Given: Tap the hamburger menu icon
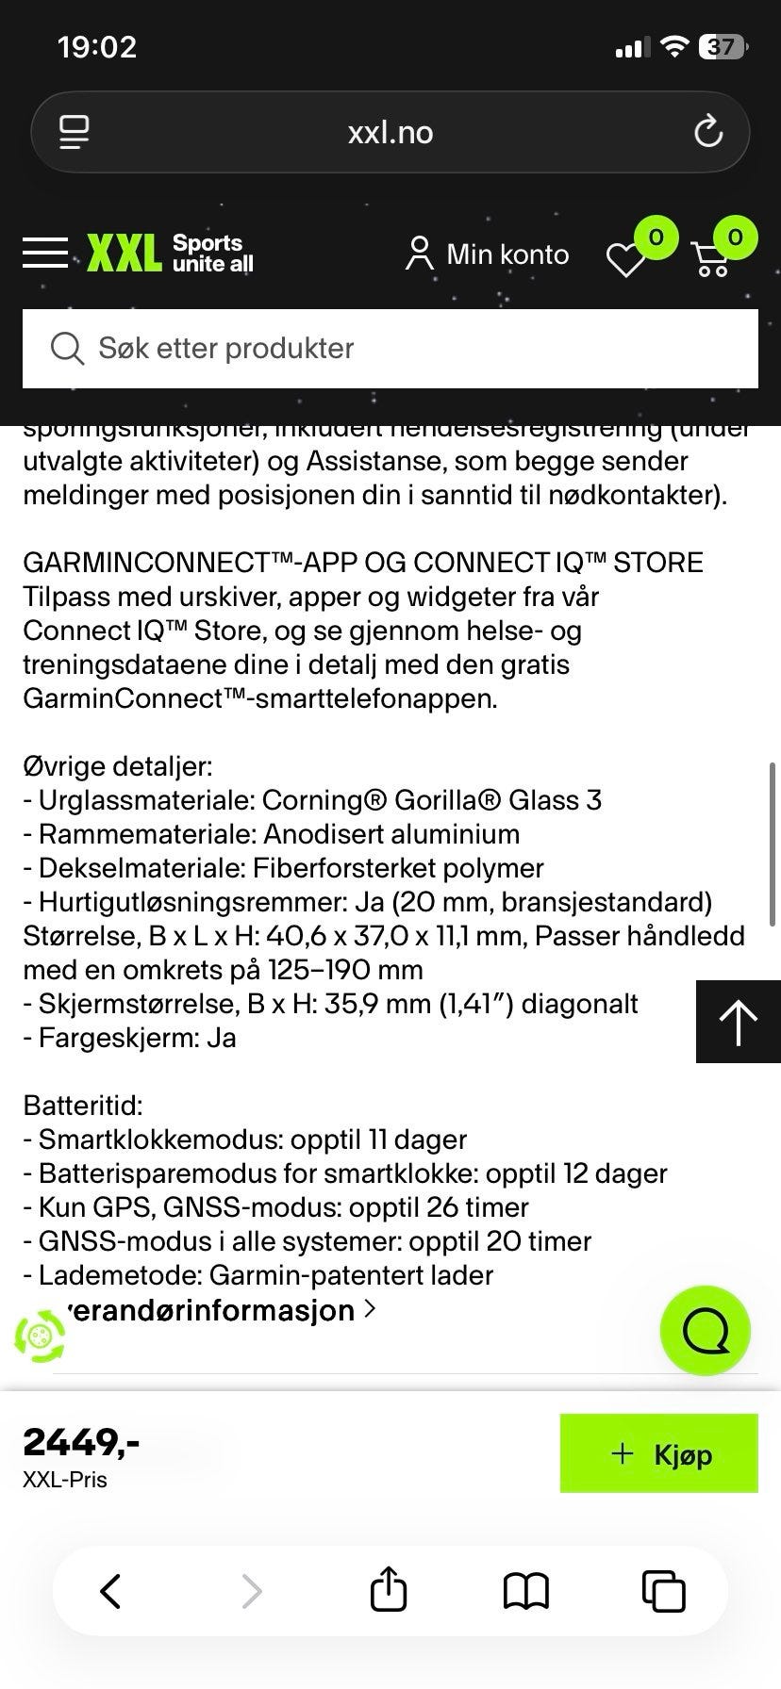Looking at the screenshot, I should pos(45,254).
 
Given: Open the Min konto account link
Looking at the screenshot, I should pos(487,254).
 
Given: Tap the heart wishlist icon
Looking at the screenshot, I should pos(625,259).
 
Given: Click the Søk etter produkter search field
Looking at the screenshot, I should pos(390,349).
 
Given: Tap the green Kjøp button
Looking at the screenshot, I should pos(658,1453).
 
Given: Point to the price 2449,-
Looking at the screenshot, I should pos(81,1442).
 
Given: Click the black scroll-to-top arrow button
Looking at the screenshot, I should pos(738,1022).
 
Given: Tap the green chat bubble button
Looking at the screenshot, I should pos(705,1330).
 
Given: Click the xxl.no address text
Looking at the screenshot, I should pos(390,133).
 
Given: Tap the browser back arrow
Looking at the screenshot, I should pos(110,1591).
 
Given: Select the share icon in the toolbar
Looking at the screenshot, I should pos(389,1591).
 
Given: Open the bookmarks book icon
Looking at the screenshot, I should pos(525,1591).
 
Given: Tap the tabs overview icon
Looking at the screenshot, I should pos(663,1591).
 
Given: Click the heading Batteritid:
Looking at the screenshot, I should pos(83,1106).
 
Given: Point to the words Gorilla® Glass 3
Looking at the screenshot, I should pos(497,800).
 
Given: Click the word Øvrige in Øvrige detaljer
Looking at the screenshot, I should pos(62,766).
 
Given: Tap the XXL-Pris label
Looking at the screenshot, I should pos(65,1480).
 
